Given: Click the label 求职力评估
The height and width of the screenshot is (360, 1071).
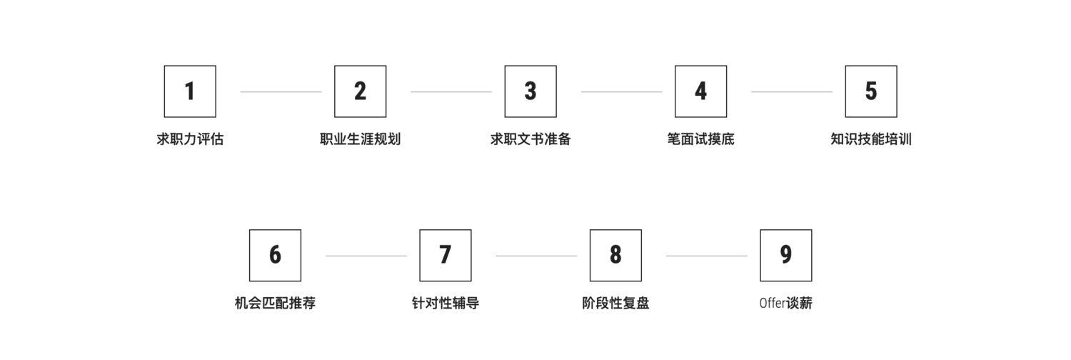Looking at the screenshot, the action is (x=190, y=139).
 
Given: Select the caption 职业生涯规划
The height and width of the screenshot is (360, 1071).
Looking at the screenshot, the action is (x=360, y=139).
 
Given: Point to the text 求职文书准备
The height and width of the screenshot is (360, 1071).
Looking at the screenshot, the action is (x=531, y=139).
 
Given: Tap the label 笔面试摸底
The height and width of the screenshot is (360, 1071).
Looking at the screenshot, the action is (x=700, y=139).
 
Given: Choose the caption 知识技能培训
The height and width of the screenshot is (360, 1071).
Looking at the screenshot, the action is (x=870, y=139).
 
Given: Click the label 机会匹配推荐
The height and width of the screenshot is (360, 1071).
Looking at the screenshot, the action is (x=275, y=303).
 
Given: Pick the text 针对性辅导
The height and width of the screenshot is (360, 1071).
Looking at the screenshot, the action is (x=445, y=303).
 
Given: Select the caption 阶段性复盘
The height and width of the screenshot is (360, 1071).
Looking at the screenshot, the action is (x=615, y=303).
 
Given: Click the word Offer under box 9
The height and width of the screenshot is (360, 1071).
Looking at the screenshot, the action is (x=772, y=303).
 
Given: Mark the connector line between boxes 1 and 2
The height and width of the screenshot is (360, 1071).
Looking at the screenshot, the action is (x=281, y=92).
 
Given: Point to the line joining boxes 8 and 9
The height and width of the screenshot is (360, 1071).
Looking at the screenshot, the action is (x=706, y=256).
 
